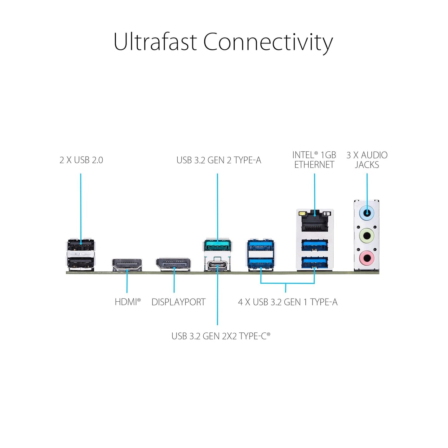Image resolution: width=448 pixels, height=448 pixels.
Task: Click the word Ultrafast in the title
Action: click(155, 42)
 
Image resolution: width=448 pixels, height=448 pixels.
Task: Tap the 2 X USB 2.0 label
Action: click(81, 160)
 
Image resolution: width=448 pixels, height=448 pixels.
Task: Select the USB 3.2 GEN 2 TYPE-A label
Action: click(219, 160)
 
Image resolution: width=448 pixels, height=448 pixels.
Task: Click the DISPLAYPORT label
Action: click(178, 302)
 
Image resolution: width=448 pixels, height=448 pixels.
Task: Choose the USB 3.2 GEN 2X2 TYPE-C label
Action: click(220, 336)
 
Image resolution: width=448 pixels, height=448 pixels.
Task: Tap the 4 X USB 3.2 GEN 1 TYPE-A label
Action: click(287, 302)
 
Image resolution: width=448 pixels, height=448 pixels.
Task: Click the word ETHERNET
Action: click(314, 165)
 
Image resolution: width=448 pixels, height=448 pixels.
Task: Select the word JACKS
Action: click(367, 165)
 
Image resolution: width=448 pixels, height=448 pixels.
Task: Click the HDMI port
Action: click(127, 265)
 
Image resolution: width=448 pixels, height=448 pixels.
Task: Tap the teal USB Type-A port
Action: click(218, 246)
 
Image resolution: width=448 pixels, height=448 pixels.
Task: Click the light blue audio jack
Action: click(366, 213)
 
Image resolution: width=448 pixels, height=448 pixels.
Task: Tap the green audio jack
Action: click(366, 236)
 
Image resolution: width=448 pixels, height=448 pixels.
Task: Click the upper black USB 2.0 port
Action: click(81, 245)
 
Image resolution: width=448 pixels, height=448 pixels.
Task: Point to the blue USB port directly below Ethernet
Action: click(314, 246)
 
